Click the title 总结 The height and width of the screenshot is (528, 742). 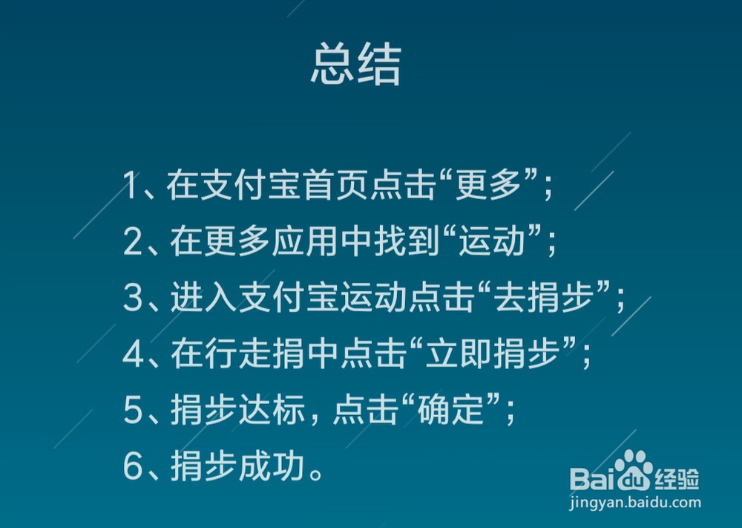tap(356, 64)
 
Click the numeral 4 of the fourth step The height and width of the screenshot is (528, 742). tap(133, 353)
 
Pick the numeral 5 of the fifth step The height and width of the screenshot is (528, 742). tap(133, 410)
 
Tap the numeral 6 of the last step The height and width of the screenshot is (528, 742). tap(133, 466)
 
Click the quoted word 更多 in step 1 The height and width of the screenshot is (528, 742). tap(487, 185)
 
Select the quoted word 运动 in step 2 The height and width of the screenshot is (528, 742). tap(492, 241)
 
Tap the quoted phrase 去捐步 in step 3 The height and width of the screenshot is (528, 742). tap(544, 297)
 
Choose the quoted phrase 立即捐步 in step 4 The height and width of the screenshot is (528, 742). tap(492, 353)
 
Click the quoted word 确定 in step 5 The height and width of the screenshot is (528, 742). tap(450, 410)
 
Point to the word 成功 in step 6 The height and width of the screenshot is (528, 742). tap(272, 466)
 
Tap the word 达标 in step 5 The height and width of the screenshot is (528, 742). tap(272, 410)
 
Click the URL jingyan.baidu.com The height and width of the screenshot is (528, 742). tap(634, 503)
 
